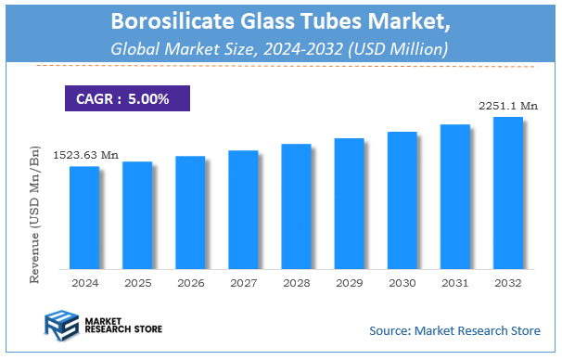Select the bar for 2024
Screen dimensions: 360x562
[84, 217]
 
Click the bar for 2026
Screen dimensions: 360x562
[190, 212]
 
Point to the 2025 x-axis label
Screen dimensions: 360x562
[137, 281]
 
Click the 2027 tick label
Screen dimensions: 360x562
[243, 281]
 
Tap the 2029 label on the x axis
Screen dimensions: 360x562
[349, 281]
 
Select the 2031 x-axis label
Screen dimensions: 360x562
[454, 281]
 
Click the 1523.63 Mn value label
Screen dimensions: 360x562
[86, 155]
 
